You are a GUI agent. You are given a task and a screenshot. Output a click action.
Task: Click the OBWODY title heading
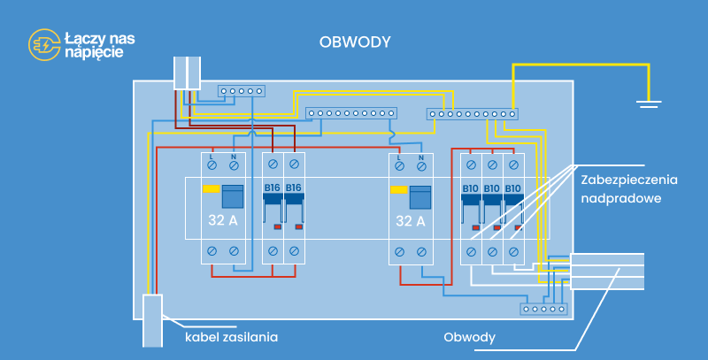[x=355, y=42]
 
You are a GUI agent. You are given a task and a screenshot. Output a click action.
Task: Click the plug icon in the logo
[x=44, y=44]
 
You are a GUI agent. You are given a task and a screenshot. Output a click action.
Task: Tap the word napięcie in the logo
[x=94, y=53]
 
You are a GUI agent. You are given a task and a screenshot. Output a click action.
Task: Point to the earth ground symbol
[x=650, y=104]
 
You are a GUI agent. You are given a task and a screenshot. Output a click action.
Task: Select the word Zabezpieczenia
[x=629, y=180]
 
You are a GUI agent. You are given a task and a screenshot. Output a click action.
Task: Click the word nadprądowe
[x=621, y=199]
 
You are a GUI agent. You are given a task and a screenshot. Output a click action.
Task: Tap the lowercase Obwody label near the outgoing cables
[x=469, y=337]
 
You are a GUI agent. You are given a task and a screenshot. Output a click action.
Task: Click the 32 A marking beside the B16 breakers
[x=222, y=220]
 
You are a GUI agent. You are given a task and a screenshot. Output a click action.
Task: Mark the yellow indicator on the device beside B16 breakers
[x=212, y=188]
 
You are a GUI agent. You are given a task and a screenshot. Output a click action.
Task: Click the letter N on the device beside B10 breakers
[x=421, y=157]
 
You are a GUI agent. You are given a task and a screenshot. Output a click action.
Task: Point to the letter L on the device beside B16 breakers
[x=212, y=157]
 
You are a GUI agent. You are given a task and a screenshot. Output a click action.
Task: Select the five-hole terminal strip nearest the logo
[x=241, y=91]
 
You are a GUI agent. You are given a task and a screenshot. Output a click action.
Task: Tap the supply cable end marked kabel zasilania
[x=152, y=318]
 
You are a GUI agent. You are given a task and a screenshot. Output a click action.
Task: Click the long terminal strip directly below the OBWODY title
[x=352, y=113]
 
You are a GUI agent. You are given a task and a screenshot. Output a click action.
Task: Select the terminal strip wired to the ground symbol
[x=472, y=113]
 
